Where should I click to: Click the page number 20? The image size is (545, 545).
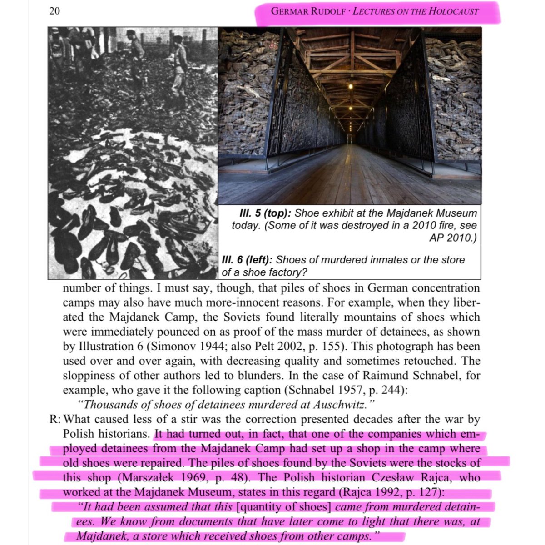pos(54,11)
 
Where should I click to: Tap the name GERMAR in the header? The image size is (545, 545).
pos(290,11)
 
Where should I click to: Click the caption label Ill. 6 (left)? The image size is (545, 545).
pos(247,260)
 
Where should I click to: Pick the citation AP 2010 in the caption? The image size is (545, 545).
pos(450,238)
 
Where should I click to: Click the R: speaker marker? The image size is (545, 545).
pos(55,419)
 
